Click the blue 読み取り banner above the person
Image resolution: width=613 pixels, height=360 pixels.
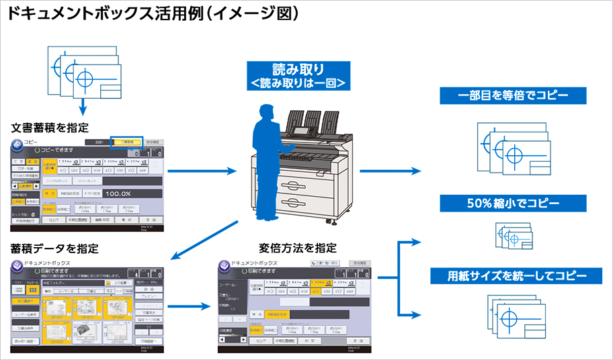click(x=298, y=76)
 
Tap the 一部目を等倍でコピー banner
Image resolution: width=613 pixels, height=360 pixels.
click(x=513, y=95)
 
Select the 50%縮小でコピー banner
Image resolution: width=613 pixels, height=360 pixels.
click(x=513, y=202)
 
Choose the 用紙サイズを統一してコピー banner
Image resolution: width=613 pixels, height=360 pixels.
click(x=513, y=275)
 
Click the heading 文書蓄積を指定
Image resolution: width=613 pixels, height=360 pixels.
click(x=50, y=128)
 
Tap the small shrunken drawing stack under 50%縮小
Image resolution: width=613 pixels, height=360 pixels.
click(x=513, y=236)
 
